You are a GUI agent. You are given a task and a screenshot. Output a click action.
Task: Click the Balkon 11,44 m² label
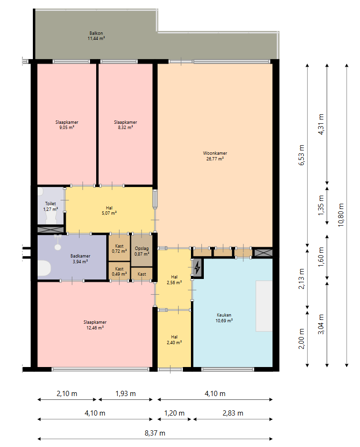tap(96, 36)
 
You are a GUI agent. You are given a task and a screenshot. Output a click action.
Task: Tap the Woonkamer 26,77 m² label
tap(215, 156)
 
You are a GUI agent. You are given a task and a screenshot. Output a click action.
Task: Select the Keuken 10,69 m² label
tap(224, 318)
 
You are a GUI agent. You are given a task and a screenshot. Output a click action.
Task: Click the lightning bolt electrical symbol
tap(197, 268)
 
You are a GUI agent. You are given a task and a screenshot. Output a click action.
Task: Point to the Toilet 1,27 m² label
tap(50, 207)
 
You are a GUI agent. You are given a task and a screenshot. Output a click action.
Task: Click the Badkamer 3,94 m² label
tap(80, 258)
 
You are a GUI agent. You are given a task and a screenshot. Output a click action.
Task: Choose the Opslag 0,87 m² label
tap(142, 251)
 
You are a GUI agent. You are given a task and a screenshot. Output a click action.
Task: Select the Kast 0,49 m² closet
tap(119, 271)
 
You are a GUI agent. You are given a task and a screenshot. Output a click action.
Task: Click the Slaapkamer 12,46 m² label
tap(95, 325)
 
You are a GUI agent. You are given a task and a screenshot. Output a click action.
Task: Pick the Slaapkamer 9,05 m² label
tap(67, 125)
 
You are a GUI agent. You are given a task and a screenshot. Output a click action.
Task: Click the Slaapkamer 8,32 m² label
tap(126, 125)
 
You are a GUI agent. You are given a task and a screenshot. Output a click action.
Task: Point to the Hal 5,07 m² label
tap(109, 210)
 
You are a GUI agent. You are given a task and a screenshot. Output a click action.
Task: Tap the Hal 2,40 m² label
tap(174, 340)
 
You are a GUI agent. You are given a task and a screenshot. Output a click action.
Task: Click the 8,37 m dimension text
tap(155, 433)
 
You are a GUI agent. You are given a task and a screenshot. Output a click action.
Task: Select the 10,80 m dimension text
tap(341, 215)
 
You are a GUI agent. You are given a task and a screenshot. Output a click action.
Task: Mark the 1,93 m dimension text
tap(126, 394)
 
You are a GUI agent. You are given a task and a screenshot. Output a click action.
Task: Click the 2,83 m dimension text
tap(233, 413)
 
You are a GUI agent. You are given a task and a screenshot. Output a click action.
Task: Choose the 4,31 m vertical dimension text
tap(321, 124)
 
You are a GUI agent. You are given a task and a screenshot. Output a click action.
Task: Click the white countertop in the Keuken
tap(264, 306)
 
